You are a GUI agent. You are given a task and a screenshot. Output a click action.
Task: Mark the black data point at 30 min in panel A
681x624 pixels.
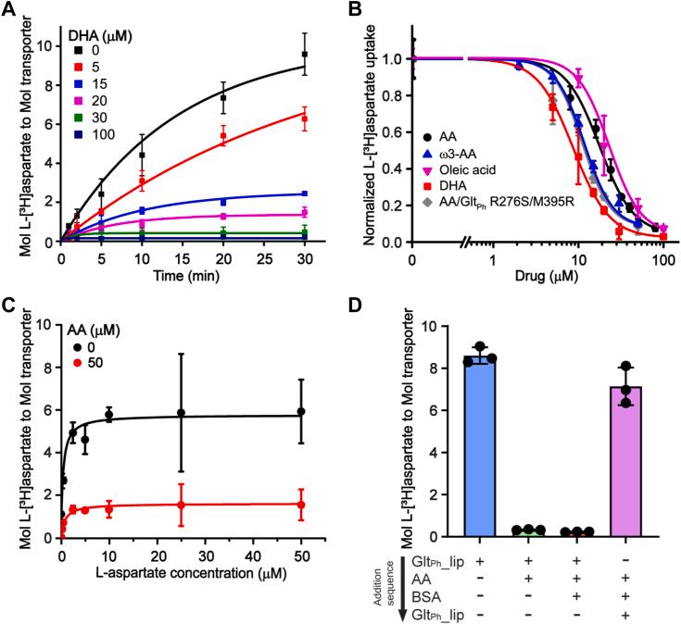click(304, 55)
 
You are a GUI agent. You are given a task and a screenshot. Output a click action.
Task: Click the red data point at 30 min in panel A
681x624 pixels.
click(304, 119)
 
